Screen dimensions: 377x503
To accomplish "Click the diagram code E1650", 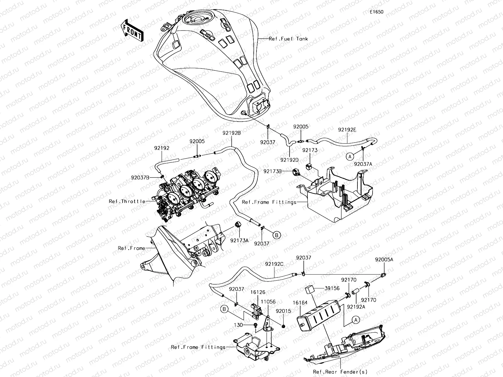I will [376, 12].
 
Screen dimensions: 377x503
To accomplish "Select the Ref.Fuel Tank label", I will [288, 39].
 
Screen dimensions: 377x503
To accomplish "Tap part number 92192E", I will [347, 129].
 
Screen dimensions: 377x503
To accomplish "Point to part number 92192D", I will [290, 160].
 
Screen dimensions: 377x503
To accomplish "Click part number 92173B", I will [273, 171].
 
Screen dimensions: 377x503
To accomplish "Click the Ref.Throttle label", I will [127, 201].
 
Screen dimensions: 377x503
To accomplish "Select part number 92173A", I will [239, 240].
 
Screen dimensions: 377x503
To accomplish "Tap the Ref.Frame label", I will [131, 248].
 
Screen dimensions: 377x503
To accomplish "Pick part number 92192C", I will [274, 264].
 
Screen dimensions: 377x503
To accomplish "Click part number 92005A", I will [384, 260].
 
